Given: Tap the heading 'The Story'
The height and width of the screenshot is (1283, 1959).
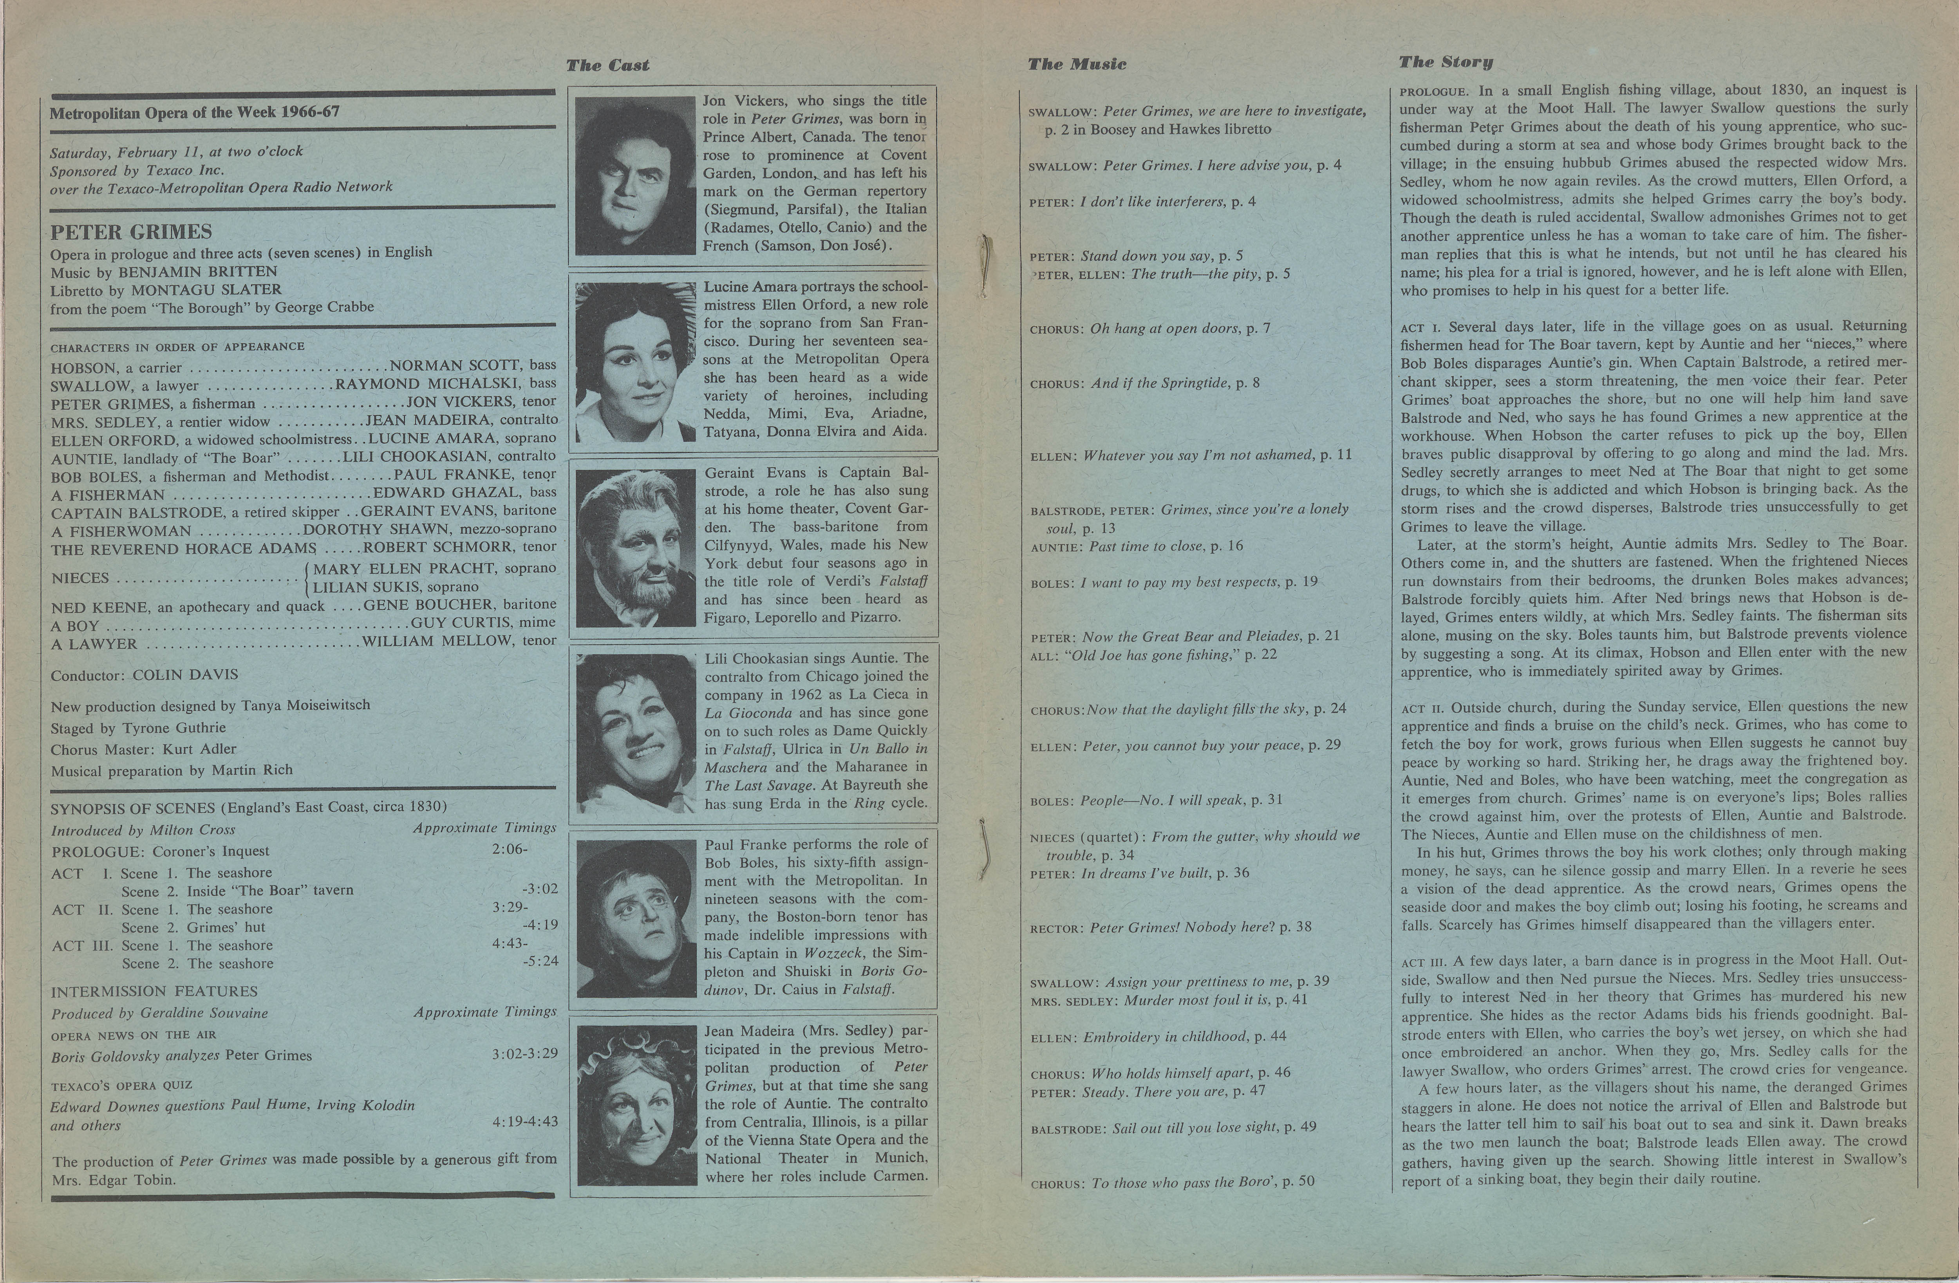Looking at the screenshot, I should tap(1446, 62).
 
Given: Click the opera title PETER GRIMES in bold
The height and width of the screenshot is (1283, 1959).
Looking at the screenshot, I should tap(131, 232).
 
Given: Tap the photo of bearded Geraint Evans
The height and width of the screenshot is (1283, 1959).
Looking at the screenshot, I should tap(635, 548).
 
